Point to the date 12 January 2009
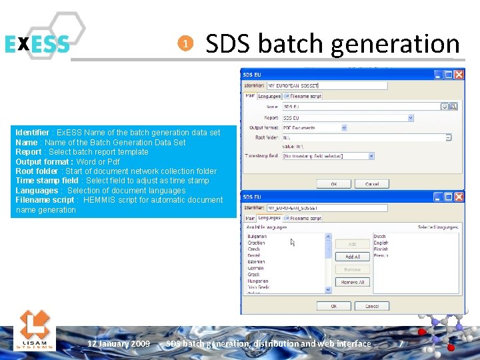(119, 343)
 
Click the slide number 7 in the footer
(401, 343)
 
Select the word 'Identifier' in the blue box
(32, 133)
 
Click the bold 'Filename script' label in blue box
(45, 200)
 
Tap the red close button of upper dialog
(459, 74)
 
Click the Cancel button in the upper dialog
(372, 183)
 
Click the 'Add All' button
(352, 257)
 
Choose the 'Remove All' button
(352, 283)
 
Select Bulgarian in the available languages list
(257, 237)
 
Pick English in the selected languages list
(381, 243)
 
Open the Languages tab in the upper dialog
(269, 96)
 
